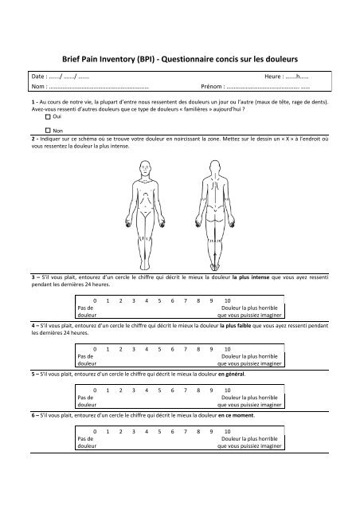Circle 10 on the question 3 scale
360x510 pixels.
pos(227,301)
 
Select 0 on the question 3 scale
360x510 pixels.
pos(96,301)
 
